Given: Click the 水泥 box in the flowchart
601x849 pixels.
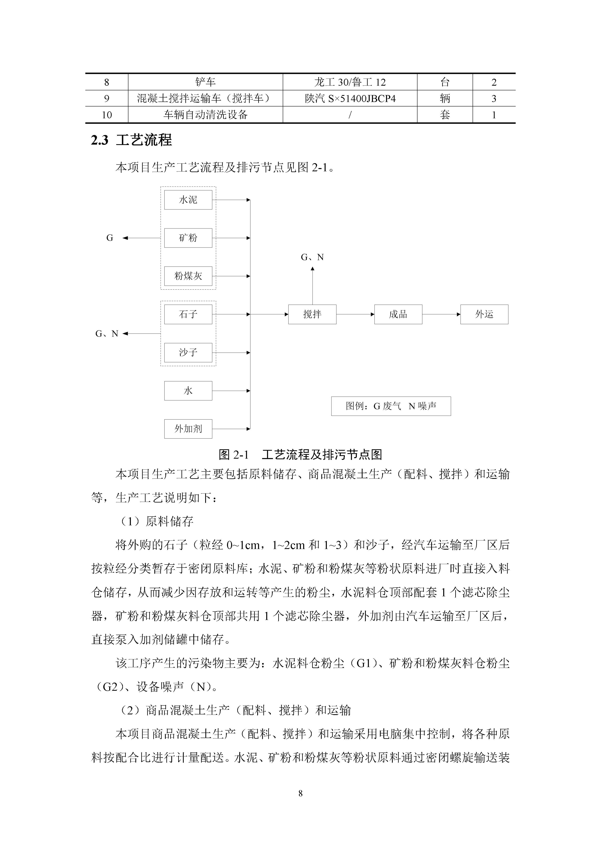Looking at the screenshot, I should pos(188,200).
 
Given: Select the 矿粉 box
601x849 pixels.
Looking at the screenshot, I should pos(188,238).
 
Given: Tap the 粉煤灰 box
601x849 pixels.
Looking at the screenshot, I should pos(188,276).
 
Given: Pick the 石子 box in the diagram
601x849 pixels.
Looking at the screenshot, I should pos(188,314).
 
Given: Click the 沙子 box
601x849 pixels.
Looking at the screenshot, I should pos(188,352).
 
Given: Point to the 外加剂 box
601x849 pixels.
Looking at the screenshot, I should pos(188,429).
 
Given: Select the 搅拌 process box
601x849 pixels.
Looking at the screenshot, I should pos(312,314).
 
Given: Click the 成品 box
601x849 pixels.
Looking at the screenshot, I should pos(398,314).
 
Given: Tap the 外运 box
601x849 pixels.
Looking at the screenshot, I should pos(484,314).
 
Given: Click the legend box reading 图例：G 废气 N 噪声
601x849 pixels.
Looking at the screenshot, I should pos(391,406).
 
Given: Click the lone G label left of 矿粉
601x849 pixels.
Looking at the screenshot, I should pos(110,238).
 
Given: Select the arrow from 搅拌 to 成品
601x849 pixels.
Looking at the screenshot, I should pos(355,314).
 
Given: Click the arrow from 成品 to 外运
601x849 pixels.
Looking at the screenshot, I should pos(441,314).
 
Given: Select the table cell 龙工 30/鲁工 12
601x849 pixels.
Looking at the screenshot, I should pos(350,82).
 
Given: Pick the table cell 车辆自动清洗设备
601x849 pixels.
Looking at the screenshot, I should pos(205,115).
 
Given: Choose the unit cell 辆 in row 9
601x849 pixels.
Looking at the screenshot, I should pos(445,98).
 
